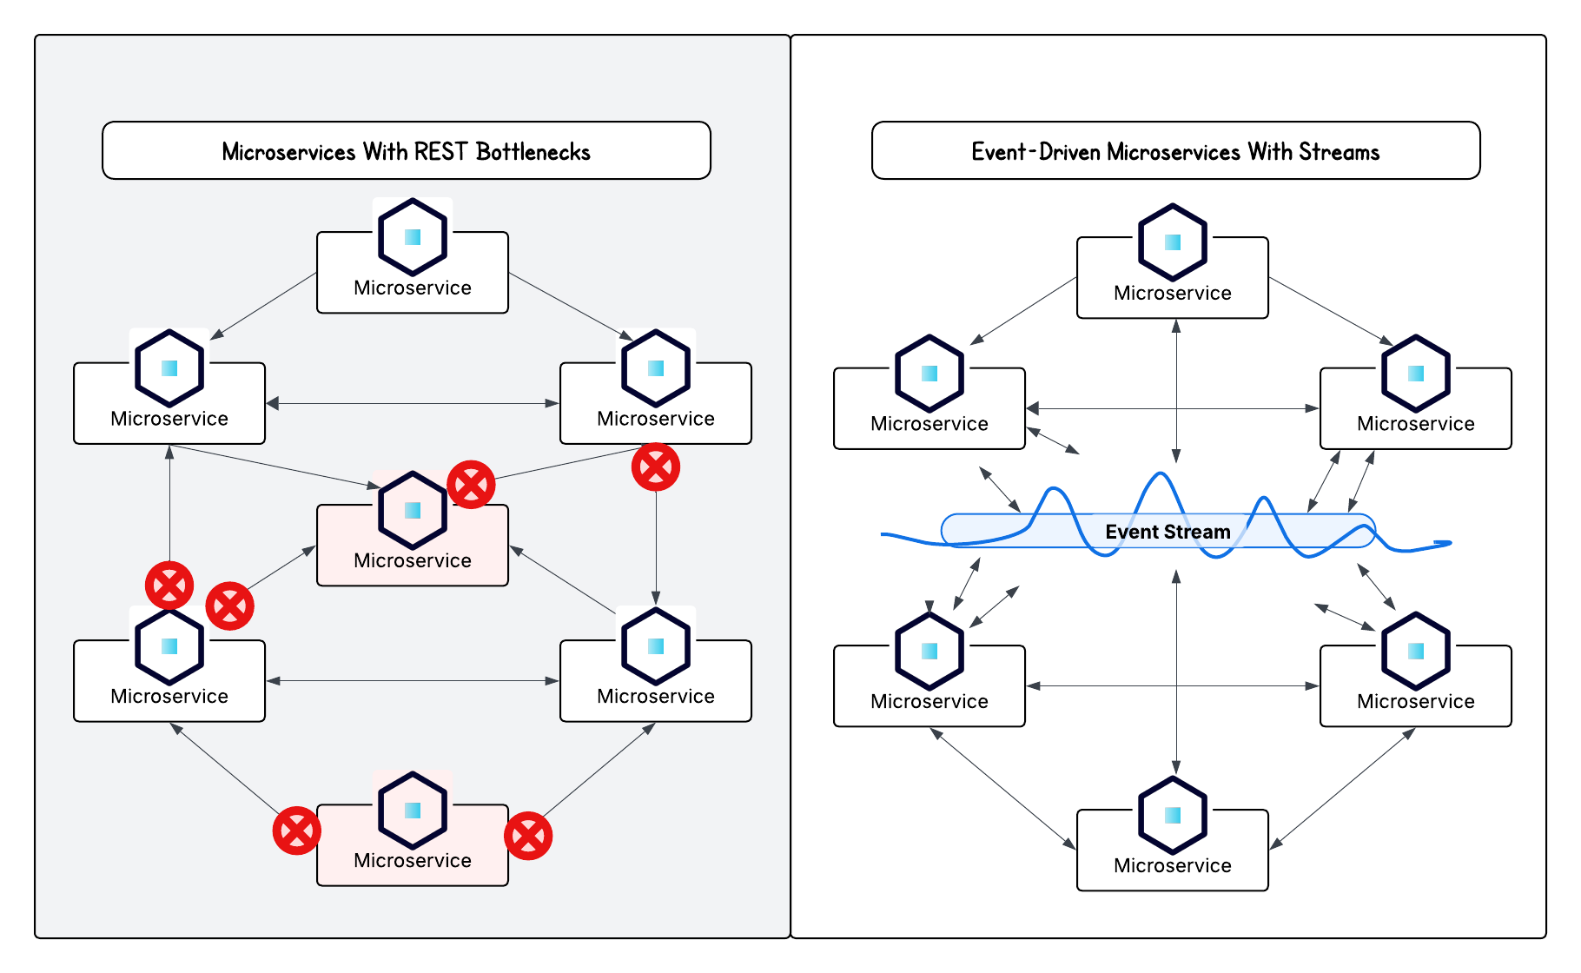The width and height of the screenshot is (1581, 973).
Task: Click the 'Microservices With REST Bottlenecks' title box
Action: coord(406,151)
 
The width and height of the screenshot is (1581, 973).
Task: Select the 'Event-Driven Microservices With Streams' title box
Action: coord(1174,151)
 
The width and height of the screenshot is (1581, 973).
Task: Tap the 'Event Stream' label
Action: coord(1167,532)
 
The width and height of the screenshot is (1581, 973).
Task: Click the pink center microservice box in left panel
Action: coord(412,559)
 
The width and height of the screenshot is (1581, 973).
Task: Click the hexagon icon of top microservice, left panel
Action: coord(413,237)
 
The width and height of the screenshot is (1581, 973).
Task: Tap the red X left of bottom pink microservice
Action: coord(296,831)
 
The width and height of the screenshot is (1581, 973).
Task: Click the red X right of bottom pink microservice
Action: coord(528,837)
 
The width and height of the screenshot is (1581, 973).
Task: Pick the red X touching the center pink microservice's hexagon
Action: coord(471,484)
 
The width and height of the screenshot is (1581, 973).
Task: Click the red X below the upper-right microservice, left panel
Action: coord(656,467)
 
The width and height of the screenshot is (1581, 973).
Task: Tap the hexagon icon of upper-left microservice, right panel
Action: coord(929,374)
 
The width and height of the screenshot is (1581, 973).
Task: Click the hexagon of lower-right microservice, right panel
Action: coord(1416,651)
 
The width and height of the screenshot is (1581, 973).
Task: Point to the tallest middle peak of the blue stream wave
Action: coord(1161,475)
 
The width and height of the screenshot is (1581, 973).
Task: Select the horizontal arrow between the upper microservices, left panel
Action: coord(413,403)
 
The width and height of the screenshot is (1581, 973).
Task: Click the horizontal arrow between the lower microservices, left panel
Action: coord(413,681)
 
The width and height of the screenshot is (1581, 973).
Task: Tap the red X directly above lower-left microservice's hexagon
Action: coord(169,585)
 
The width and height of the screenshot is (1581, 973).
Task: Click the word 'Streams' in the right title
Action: coord(1339,152)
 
